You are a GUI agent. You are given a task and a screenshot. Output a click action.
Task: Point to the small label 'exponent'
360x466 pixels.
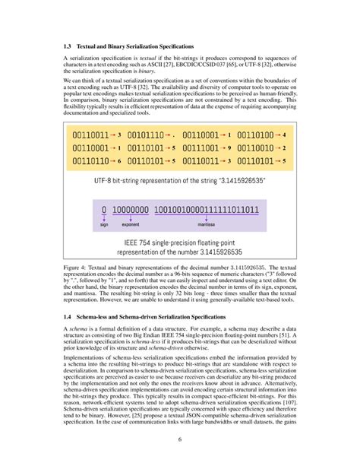[131, 226]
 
